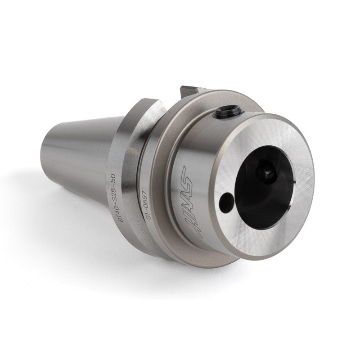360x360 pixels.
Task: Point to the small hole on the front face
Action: point(225,202)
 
